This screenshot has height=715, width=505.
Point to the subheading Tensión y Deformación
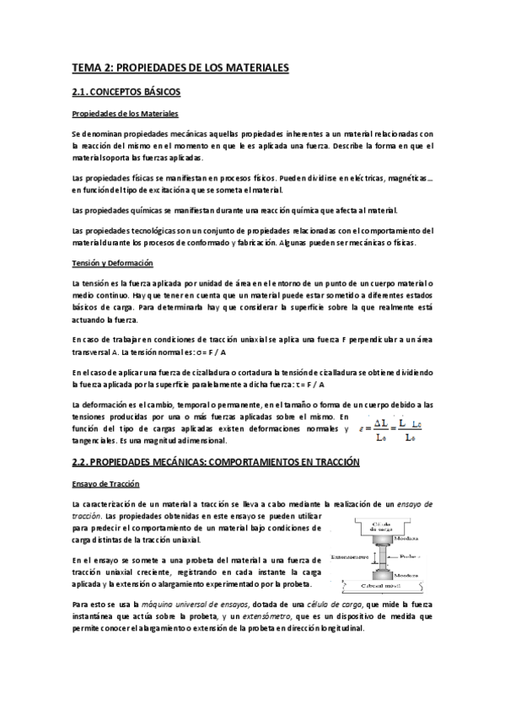[x=117, y=263]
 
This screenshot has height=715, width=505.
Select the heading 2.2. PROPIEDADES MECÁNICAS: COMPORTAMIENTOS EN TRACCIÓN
[x=215, y=462]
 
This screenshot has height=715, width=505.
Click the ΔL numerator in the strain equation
[x=380, y=421]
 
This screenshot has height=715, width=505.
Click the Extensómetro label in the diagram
[x=347, y=556]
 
